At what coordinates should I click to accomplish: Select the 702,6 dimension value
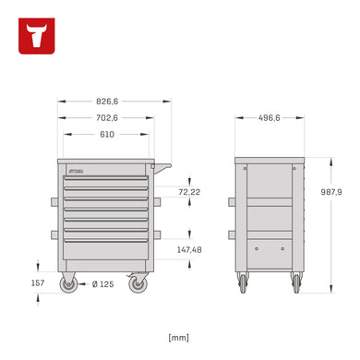click(107, 118)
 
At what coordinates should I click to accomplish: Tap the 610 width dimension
click(107, 135)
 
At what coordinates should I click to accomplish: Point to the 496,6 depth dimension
click(270, 118)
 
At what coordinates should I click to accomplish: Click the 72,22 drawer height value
click(190, 192)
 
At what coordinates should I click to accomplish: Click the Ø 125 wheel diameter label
click(102, 283)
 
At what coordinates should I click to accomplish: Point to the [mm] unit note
click(179, 337)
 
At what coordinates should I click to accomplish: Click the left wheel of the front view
click(68, 284)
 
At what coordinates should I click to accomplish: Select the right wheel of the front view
click(138, 284)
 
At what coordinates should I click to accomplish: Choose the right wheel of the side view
click(295, 282)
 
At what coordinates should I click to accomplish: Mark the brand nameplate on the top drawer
click(76, 171)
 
